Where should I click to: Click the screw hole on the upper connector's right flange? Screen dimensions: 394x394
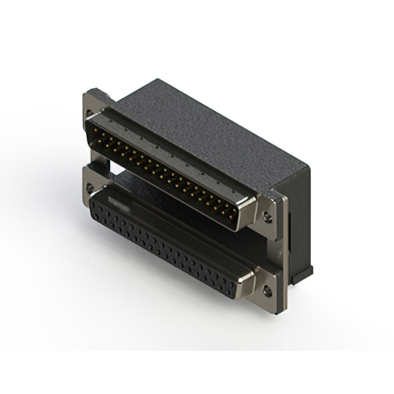[267, 217]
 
